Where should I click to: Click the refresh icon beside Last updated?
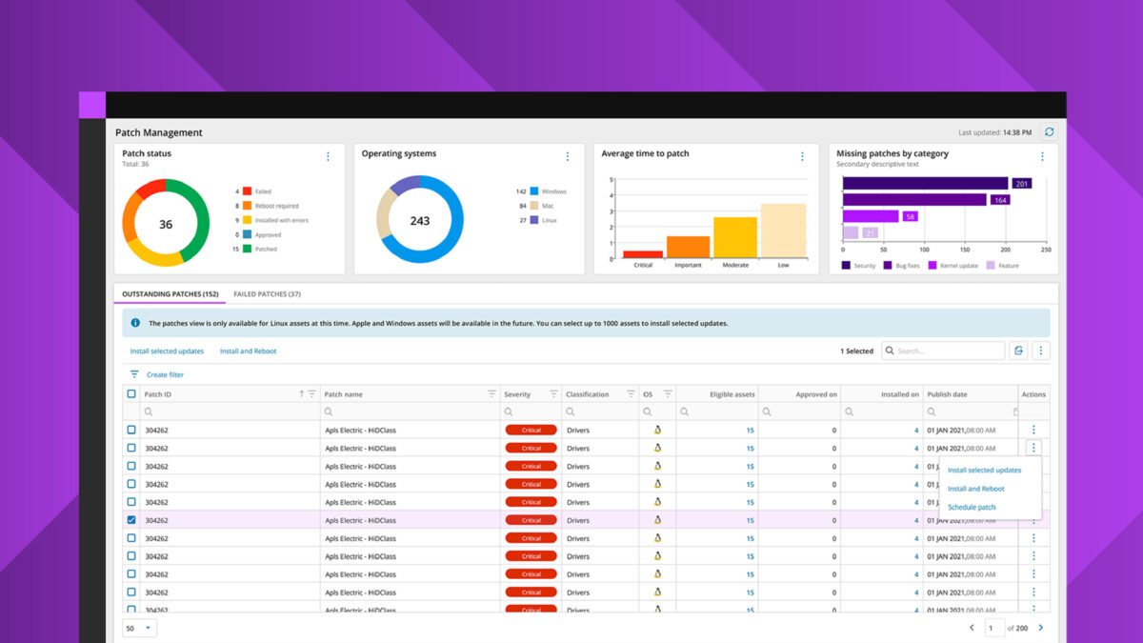pos(1049,132)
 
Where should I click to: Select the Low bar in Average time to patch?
pos(783,231)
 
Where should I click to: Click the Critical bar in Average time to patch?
pos(643,254)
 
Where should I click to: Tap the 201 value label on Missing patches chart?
pos(1022,184)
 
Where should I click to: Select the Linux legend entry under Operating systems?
pos(548,220)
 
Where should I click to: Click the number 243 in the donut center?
pos(419,221)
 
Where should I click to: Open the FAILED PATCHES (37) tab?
pos(267,294)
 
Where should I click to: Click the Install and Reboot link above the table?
pos(248,352)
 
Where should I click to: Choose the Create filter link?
pos(165,374)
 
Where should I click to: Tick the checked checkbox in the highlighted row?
pos(131,520)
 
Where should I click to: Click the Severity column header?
pos(517,394)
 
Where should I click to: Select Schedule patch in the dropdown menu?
pos(972,507)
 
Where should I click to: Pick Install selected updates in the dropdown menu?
pos(984,471)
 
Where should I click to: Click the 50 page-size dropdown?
pos(139,628)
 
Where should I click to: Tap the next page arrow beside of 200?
pos(1040,628)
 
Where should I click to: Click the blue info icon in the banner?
pos(135,323)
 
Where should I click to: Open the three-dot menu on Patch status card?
pos(328,156)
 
